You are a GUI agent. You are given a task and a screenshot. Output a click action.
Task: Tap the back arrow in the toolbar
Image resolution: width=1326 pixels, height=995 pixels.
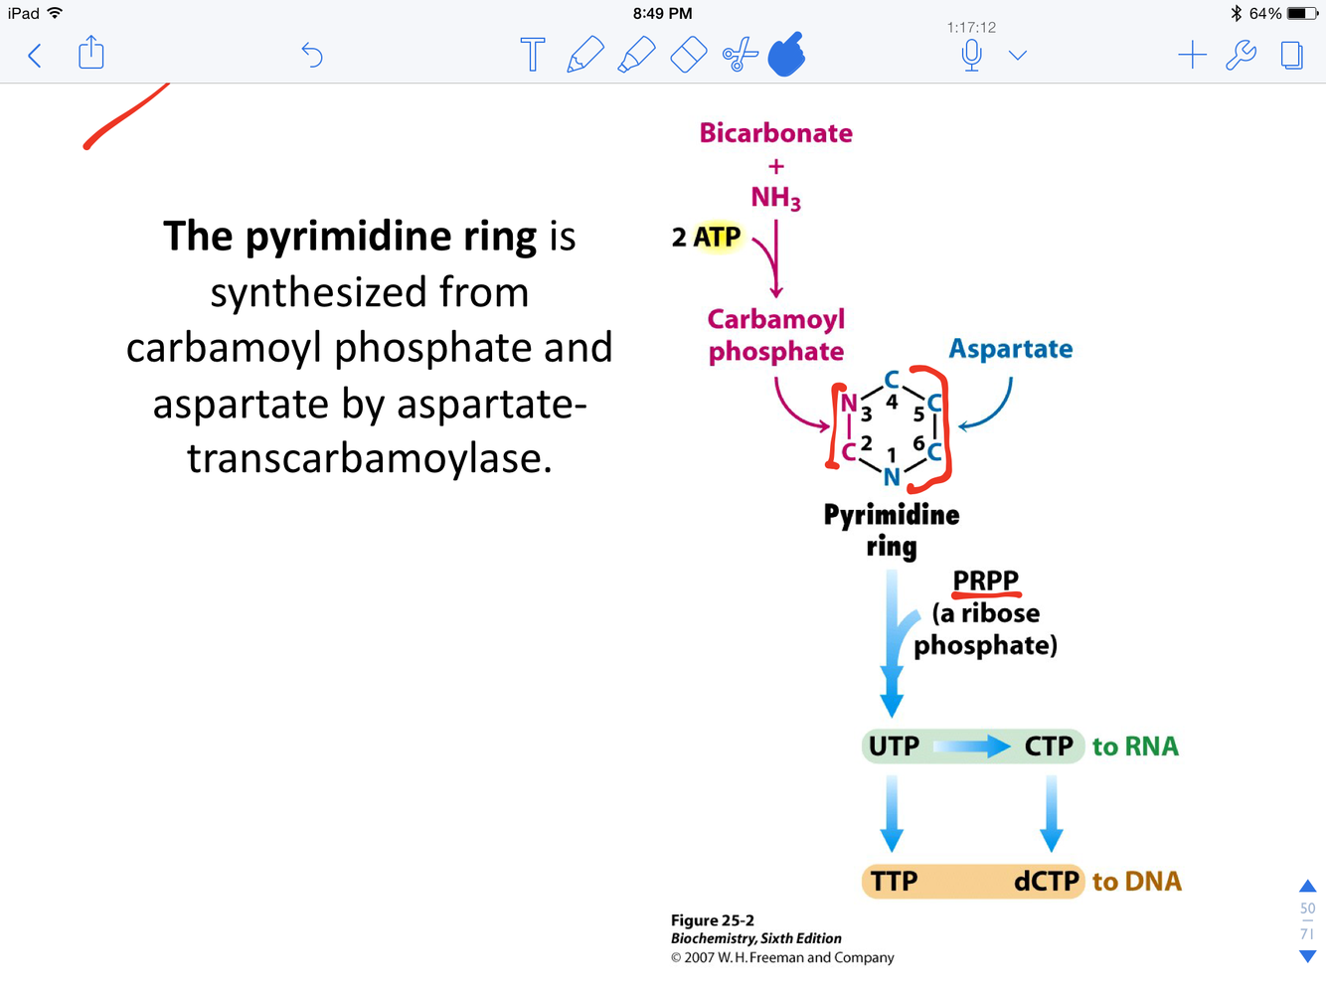click(x=35, y=55)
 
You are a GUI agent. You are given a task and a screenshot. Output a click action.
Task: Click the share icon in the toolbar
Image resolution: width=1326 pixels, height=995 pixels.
click(x=91, y=53)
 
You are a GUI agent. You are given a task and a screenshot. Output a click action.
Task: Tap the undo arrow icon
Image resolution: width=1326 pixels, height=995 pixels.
click(x=312, y=55)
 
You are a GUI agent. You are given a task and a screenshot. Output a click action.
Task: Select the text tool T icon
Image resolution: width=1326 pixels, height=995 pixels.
click(x=533, y=55)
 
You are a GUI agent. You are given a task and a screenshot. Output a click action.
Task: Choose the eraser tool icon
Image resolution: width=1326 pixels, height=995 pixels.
click(x=688, y=55)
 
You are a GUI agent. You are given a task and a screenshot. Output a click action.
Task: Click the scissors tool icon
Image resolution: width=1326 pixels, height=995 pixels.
click(x=740, y=55)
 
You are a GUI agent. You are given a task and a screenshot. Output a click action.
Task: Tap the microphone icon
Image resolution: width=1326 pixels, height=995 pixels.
click(x=972, y=55)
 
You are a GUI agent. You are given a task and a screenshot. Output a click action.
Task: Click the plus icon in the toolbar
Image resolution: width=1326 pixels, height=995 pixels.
click(x=1192, y=55)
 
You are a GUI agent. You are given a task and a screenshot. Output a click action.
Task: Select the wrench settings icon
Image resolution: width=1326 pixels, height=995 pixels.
click(x=1241, y=55)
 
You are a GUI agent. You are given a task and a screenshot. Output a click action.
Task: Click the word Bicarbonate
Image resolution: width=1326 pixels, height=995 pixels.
click(x=775, y=133)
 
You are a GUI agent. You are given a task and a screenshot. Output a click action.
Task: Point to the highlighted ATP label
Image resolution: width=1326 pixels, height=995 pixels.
click(x=717, y=237)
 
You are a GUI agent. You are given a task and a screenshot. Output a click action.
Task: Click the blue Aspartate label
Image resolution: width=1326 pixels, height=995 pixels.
click(x=1010, y=349)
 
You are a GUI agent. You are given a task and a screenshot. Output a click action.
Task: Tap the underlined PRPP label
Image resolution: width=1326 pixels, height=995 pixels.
click(x=985, y=580)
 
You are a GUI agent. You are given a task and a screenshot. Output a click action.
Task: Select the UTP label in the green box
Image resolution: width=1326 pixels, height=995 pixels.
click(x=894, y=746)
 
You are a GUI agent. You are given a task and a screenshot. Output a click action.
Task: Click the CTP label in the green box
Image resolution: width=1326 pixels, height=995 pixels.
click(x=1049, y=746)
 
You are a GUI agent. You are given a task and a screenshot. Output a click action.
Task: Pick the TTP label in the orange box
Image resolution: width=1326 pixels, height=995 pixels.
click(x=894, y=882)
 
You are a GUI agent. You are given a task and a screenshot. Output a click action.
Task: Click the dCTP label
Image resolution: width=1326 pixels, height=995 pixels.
click(x=1046, y=882)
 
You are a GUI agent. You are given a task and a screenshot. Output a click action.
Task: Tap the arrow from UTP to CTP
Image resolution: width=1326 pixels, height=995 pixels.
click(x=971, y=746)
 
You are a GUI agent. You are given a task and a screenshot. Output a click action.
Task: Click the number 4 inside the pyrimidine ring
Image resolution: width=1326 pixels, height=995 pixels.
click(x=892, y=403)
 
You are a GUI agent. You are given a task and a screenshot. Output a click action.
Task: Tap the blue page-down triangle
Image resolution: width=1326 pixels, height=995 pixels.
click(x=1307, y=956)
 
